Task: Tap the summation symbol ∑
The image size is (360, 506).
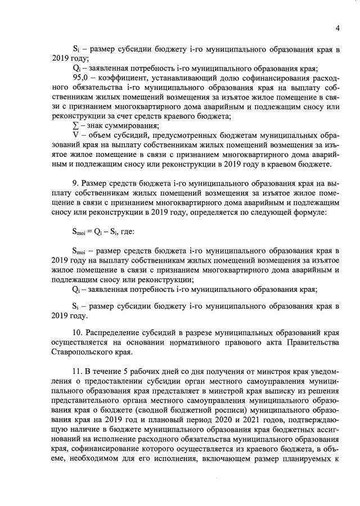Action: [76, 125]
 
